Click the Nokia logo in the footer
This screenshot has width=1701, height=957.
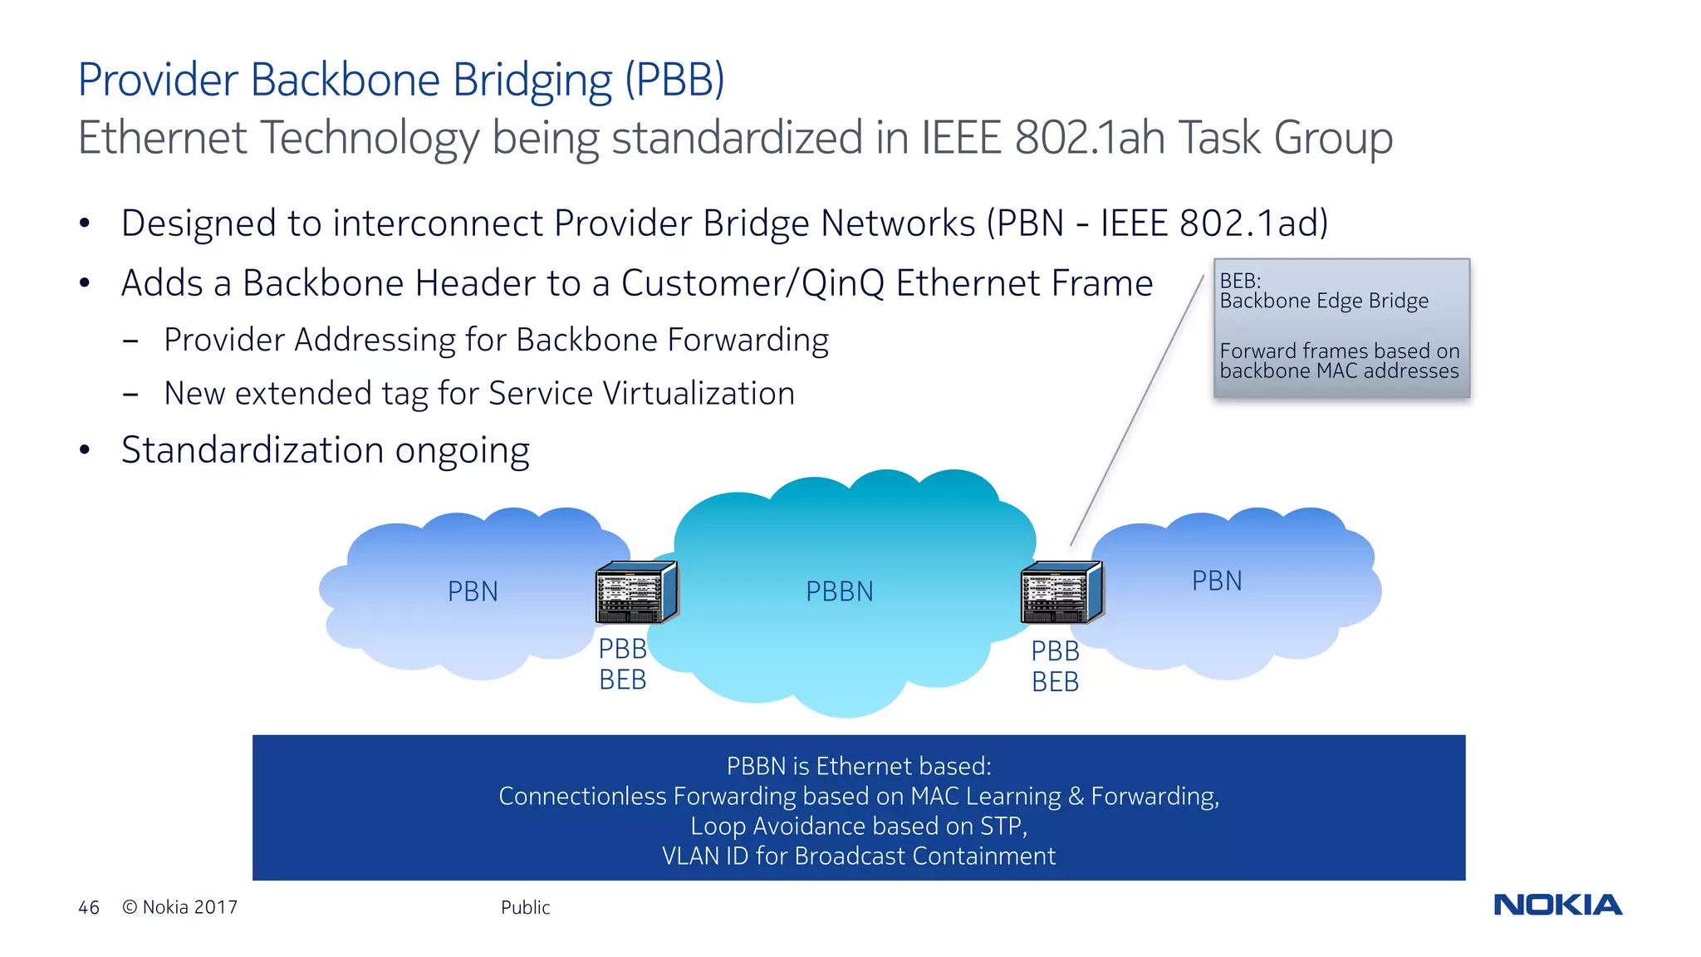(1557, 905)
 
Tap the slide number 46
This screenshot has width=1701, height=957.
(89, 907)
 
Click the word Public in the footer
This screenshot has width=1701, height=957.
(525, 907)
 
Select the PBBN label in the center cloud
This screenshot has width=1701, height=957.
(839, 591)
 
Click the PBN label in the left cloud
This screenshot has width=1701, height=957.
(473, 591)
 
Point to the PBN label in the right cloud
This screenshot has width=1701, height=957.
(1217, 581)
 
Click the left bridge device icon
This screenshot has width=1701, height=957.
(636, 592)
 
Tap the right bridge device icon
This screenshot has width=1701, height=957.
(1061, 592)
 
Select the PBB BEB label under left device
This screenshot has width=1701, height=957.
(623, 664)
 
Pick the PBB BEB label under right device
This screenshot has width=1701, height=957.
(1055, 666)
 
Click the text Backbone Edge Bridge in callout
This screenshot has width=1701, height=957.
(1324, 301)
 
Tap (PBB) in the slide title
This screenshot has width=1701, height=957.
(674, 80)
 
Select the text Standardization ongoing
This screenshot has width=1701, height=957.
(325, 450)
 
